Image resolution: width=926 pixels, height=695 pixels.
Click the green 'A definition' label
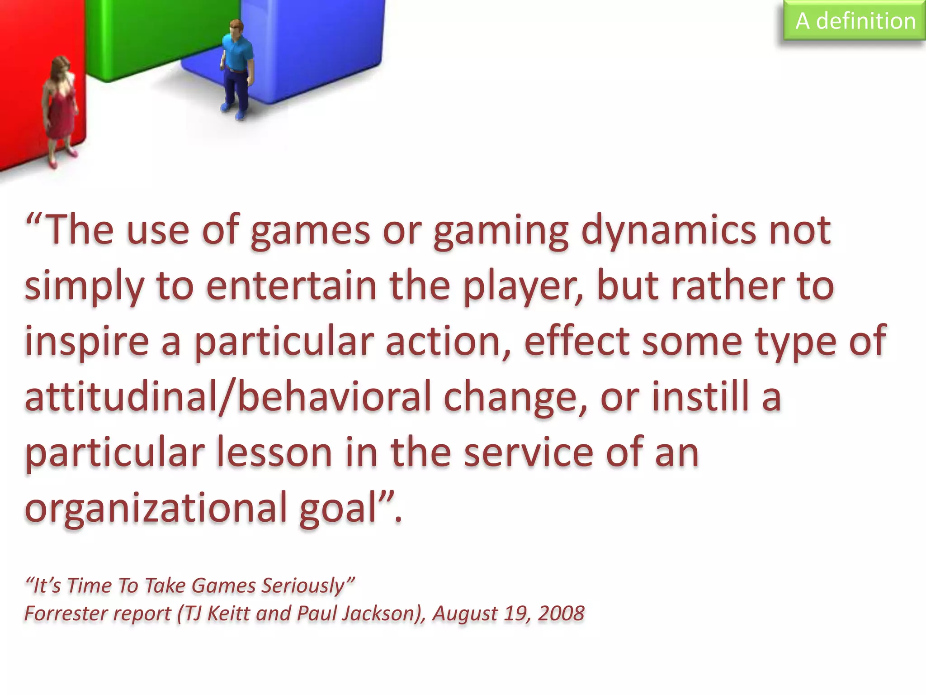click(x=855, y=21)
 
